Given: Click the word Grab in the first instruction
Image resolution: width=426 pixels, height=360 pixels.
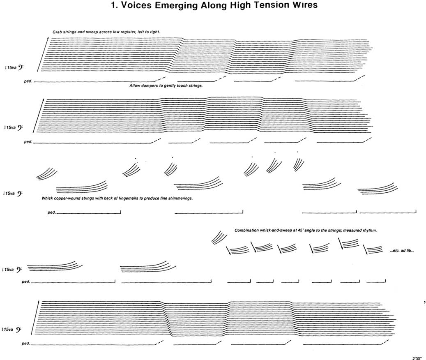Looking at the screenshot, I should coord(57,32).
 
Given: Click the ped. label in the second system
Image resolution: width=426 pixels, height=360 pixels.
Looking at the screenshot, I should coord(28,143).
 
